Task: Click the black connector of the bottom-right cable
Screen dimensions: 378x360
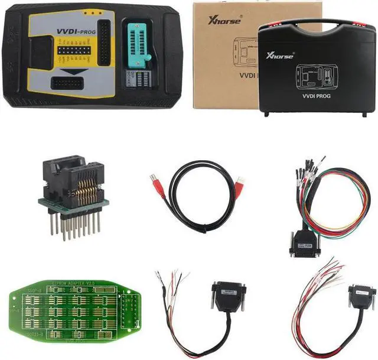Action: pyautogui.click(x=361, y=295)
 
